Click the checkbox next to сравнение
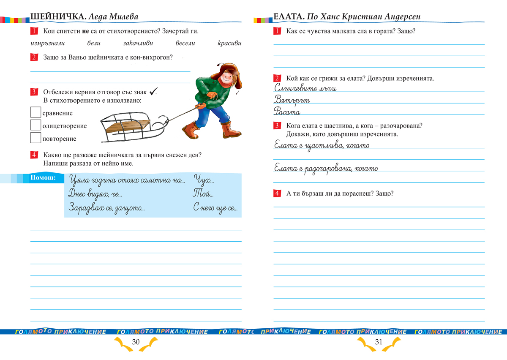click(35, 112)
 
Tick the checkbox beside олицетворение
click(35, 125)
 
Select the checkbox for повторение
click(35, 138)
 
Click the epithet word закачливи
click(138, 43)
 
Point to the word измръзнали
click(46, 43)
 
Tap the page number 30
click(136, 342)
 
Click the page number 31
click(378, 342)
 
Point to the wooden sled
click(127, 127)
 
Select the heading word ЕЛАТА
click(289, 17)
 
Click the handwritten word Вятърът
click(292, 100)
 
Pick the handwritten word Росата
click(287, 112)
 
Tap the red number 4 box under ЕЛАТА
click(277, 194)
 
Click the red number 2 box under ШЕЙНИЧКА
click(34, 57)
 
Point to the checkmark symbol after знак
click(153, 91)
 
